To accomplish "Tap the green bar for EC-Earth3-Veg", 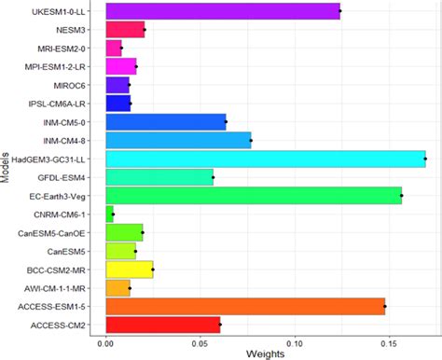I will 253,195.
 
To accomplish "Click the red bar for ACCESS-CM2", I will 162,325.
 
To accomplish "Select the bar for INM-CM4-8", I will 178,140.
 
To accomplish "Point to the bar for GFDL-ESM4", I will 159,176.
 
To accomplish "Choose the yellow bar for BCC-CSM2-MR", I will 129,270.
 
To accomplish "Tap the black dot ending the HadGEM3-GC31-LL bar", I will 425,159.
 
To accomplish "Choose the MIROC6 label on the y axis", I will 78,85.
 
